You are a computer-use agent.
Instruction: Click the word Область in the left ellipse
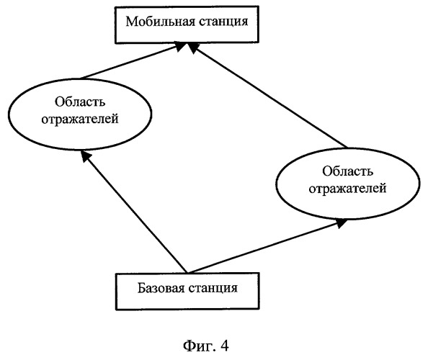[x=80, y=102]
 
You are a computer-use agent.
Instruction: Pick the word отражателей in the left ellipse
[x=80, y=119]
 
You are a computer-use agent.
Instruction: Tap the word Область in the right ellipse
[x=347, y=171]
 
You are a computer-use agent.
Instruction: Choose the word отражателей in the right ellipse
[x=347, y=188]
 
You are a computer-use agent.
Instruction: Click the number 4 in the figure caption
[x=224, y=346]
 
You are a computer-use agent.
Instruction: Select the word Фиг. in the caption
[x=200, y=346]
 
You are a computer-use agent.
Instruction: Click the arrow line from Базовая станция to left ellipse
[x=135, y=212]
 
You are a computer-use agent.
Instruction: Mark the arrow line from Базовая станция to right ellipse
[x=267, y=246]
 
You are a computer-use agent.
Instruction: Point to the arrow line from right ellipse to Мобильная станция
[x=268, y=95]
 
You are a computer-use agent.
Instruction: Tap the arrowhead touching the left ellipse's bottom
[x=86, y=156]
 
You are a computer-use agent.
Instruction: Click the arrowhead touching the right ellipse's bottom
[x=342, y=223]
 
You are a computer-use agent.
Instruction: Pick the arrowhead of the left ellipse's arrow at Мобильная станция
[x=180, y=46]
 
